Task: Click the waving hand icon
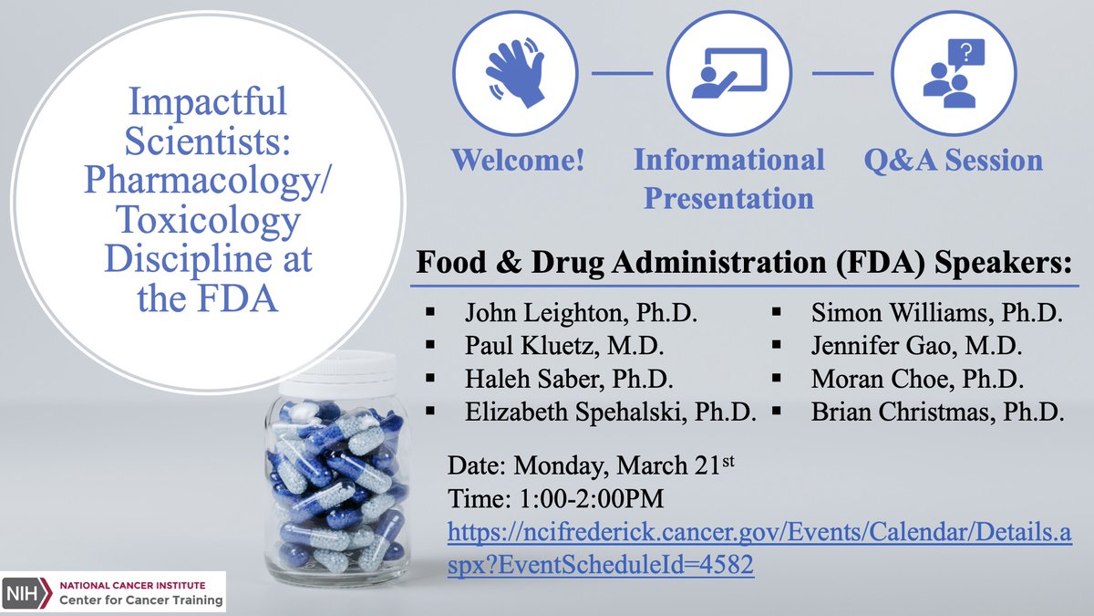pyautogui.click(x=515, y=73)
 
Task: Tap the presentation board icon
pyautogui.click(x=729, y=73)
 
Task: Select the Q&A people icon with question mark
pyautogui.click(x=953, y=73)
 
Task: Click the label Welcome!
pyautogui.click(x=518, y=161)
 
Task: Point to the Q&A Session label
pyautogui.click(x=953, y=161)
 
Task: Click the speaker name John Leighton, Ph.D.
pyautogui.click(x=581, y=315)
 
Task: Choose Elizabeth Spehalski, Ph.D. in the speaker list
pyautogui.click(x=610, y=412)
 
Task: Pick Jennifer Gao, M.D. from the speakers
pyautogui.click(x=916, y=346)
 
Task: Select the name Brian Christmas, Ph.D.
pyautogui.click(x=937, y=412)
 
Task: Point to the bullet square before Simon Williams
pyautogui.click(x=776, y=313)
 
